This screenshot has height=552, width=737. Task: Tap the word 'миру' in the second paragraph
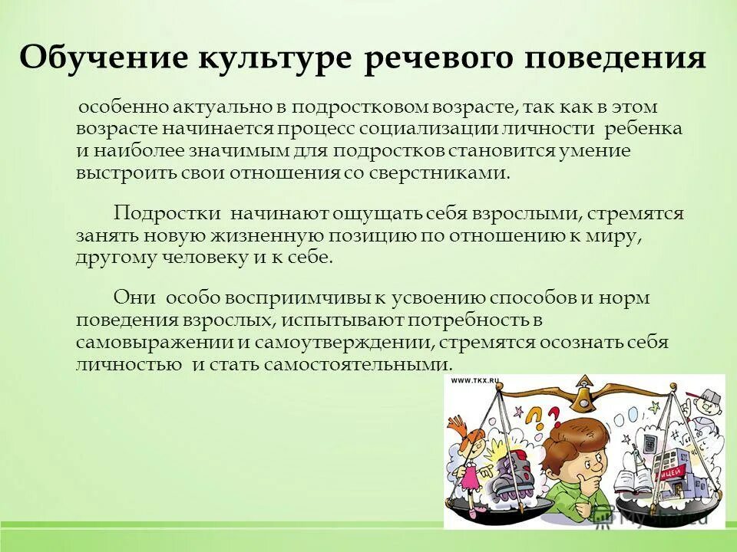coord(612,235)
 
